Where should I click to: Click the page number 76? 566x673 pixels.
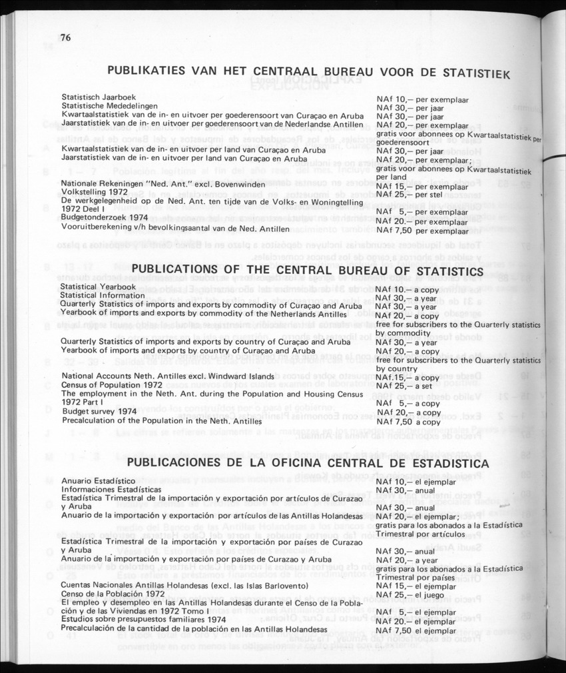point(65,37)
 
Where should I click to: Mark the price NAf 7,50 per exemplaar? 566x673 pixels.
point(422,231)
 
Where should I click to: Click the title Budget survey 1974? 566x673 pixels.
point(93,412)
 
